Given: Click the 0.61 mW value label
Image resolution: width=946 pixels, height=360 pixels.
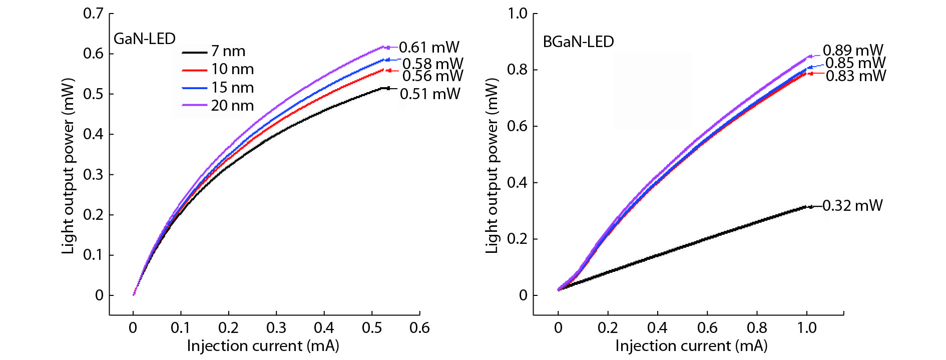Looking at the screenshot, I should click(429, 48).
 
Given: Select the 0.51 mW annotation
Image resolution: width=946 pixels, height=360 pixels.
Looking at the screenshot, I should click(430, 94).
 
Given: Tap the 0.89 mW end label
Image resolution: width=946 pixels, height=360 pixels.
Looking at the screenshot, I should click(853, 50).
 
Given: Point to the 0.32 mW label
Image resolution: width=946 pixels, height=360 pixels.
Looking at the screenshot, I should click(852, 206).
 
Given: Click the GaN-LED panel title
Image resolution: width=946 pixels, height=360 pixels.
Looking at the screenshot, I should click(145, 39).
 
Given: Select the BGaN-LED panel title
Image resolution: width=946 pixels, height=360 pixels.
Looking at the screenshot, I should click(578, 42).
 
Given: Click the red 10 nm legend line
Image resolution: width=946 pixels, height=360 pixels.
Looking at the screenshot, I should click(195, 70).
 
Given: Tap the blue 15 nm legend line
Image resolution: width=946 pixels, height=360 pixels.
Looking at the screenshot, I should click(195, 88).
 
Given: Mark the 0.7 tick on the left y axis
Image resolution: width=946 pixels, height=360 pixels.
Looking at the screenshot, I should click(94, 14).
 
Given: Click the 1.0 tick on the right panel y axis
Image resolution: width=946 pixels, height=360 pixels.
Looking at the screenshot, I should click(518, 14).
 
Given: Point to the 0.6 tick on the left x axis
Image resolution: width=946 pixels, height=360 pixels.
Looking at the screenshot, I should click(419, 328).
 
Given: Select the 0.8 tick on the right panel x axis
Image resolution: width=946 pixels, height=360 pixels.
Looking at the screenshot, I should click(757, 328).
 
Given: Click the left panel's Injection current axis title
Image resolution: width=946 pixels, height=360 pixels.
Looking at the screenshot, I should click(263, 346).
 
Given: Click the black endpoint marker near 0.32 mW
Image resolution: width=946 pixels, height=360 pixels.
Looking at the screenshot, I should click(810, 206).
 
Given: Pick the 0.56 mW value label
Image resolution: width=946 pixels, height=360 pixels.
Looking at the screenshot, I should click(432, 76).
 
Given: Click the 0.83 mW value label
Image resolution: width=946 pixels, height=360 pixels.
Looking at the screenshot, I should click(856, 76).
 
